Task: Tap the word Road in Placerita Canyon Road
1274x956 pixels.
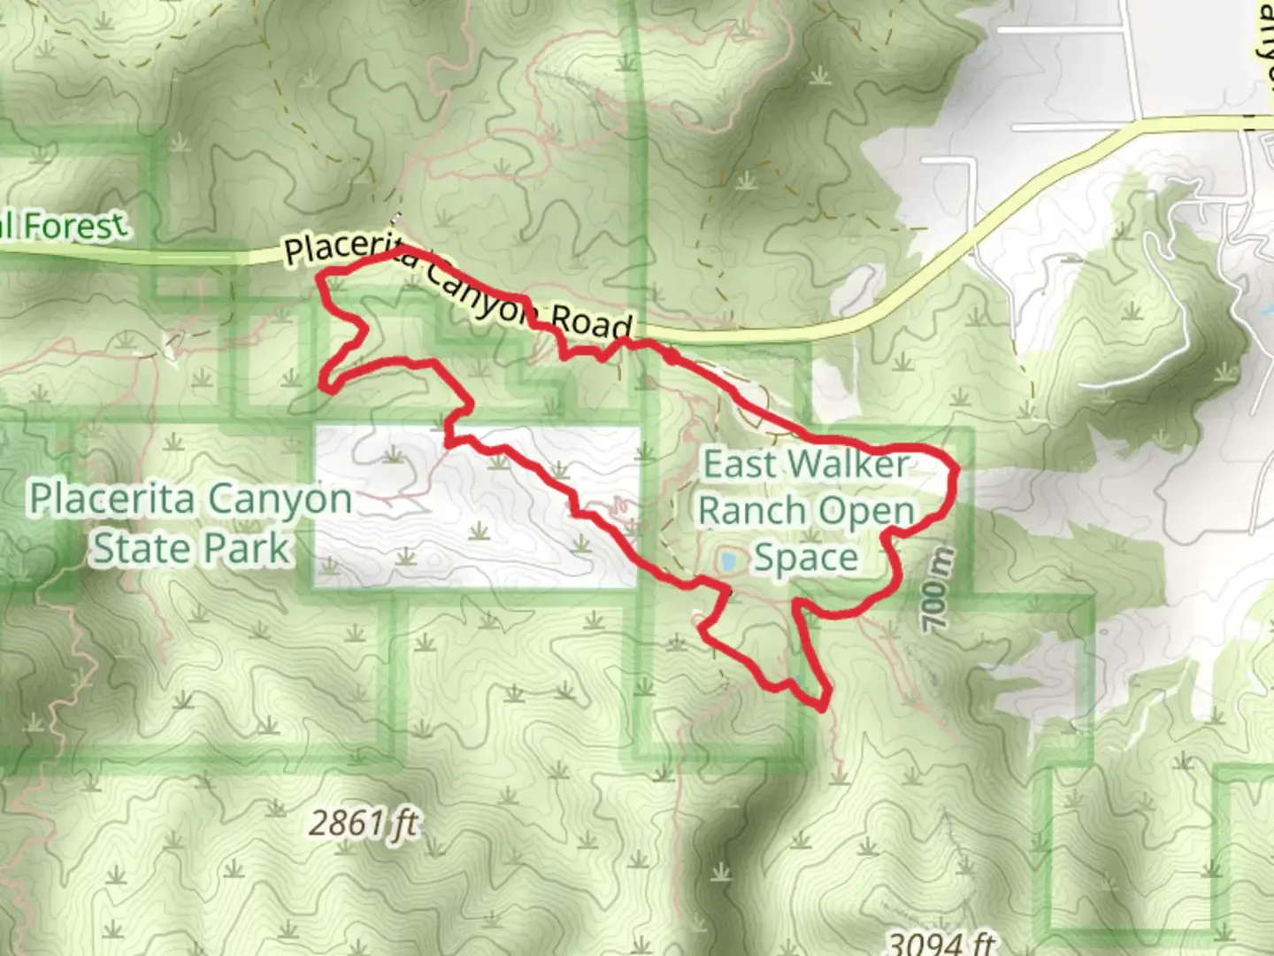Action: pos(592,321)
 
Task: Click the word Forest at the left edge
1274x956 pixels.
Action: pos(74,226)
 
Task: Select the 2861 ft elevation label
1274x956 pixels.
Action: pos(363,823)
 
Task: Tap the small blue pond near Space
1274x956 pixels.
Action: pos(729,560)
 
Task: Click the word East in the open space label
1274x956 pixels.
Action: pos(738,464)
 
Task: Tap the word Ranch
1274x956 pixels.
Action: pos(752,511)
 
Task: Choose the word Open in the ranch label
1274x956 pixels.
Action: pos(865,511)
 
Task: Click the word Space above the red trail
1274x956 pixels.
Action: pos(805,559)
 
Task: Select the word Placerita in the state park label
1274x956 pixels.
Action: pos(111,500)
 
